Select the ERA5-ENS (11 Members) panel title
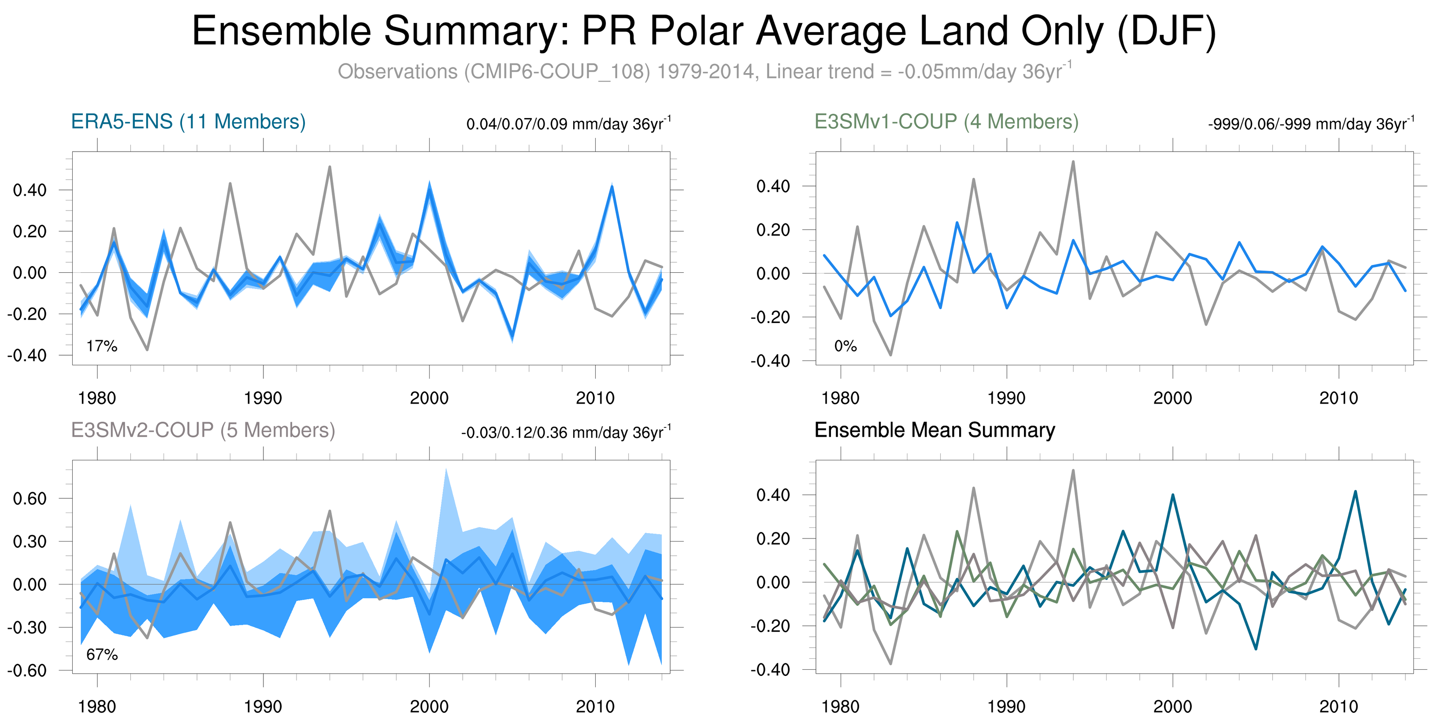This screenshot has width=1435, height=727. (188, 122)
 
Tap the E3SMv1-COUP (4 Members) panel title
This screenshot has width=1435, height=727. (946, 122)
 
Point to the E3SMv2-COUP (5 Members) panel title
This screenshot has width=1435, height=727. (203, 430)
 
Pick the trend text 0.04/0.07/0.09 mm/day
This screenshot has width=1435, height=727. (568, 124)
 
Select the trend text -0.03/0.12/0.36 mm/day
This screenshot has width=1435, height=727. (565, 432)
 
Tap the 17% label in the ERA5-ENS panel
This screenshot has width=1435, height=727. (102, 346)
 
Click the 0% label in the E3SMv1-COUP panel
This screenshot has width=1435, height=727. (845, 346)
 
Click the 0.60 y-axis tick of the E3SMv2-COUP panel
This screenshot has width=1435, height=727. (30, 499)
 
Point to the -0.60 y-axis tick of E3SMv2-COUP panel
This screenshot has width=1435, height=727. (27, 670)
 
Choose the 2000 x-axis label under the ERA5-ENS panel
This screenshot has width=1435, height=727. (429, 398)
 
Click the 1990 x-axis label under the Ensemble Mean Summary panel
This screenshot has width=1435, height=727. (1006, 706)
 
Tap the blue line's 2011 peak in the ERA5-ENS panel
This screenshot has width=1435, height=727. (612, 187)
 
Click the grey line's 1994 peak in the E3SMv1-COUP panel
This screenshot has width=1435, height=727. (1073, 162)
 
